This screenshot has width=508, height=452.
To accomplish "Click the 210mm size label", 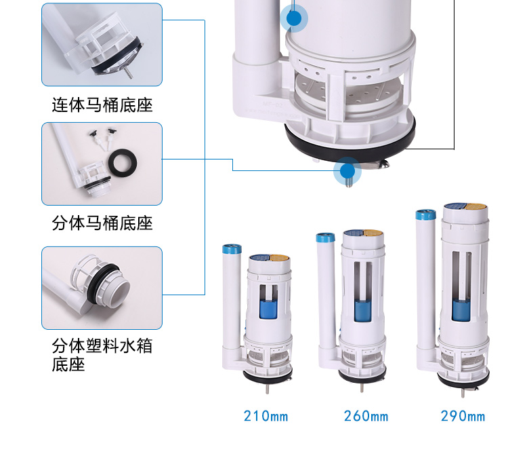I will [x=266, y=415].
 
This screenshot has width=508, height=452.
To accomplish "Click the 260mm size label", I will [x=366, y=415].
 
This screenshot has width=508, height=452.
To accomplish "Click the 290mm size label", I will [x=463, y=415].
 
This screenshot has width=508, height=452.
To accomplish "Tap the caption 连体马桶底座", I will [x=102, y=106].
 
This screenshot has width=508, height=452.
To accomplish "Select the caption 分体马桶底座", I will [x=102, y=223].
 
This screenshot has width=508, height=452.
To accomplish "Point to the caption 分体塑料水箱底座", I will [x=102, y=355].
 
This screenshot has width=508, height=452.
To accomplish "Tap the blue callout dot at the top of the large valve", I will [x=294, y=18].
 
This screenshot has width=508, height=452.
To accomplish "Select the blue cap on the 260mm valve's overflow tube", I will [x=325, y=238].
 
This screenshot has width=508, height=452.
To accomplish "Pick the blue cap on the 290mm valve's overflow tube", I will [x=424, y=216].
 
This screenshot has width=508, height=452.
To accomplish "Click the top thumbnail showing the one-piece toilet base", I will [x=102, y=45].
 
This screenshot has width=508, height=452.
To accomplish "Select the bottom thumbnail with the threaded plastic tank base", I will [x=102, y=288].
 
